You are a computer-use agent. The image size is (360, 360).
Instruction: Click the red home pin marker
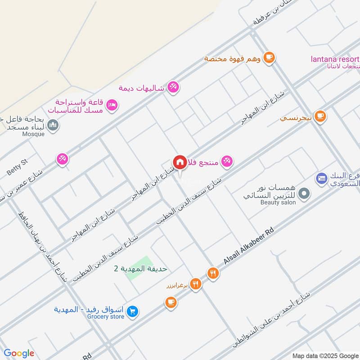(x=180, y=162)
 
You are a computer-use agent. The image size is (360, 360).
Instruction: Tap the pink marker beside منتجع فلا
(x=227, y=162)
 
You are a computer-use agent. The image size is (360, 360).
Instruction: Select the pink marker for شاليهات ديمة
(x=173, y=87)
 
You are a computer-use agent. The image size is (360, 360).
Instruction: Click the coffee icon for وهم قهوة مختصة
(x=269, y=57)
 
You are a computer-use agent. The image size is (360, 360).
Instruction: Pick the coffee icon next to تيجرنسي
(x=320, y=117)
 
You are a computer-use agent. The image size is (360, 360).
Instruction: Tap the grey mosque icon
(x=53, y=124)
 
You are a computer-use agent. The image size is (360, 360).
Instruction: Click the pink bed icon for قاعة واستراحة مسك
(x=113, y=105)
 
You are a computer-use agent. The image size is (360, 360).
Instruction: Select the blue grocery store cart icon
(x=132, y=311)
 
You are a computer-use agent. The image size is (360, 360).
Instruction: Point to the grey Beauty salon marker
(x=305, y=194)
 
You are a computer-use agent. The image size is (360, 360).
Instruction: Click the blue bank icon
(x=321, y=179)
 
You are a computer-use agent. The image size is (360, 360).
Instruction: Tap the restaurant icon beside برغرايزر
(x=195, y=283)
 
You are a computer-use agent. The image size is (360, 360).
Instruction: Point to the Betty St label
(x=17, y=167)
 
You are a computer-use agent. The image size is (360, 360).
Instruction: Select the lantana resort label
(x=335, y=59)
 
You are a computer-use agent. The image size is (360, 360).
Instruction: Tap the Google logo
(x=19, y=353)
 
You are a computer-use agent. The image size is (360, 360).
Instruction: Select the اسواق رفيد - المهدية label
(x=89, y=310)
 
